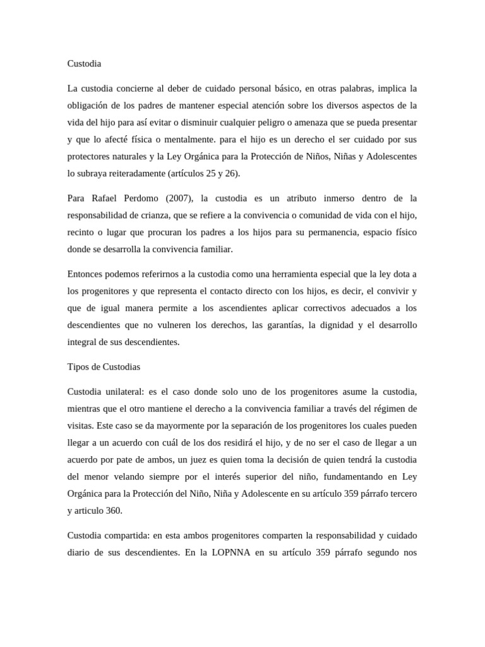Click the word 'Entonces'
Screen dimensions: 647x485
87,274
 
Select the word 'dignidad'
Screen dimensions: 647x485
342,325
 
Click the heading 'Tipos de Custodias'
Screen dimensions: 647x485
104,366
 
